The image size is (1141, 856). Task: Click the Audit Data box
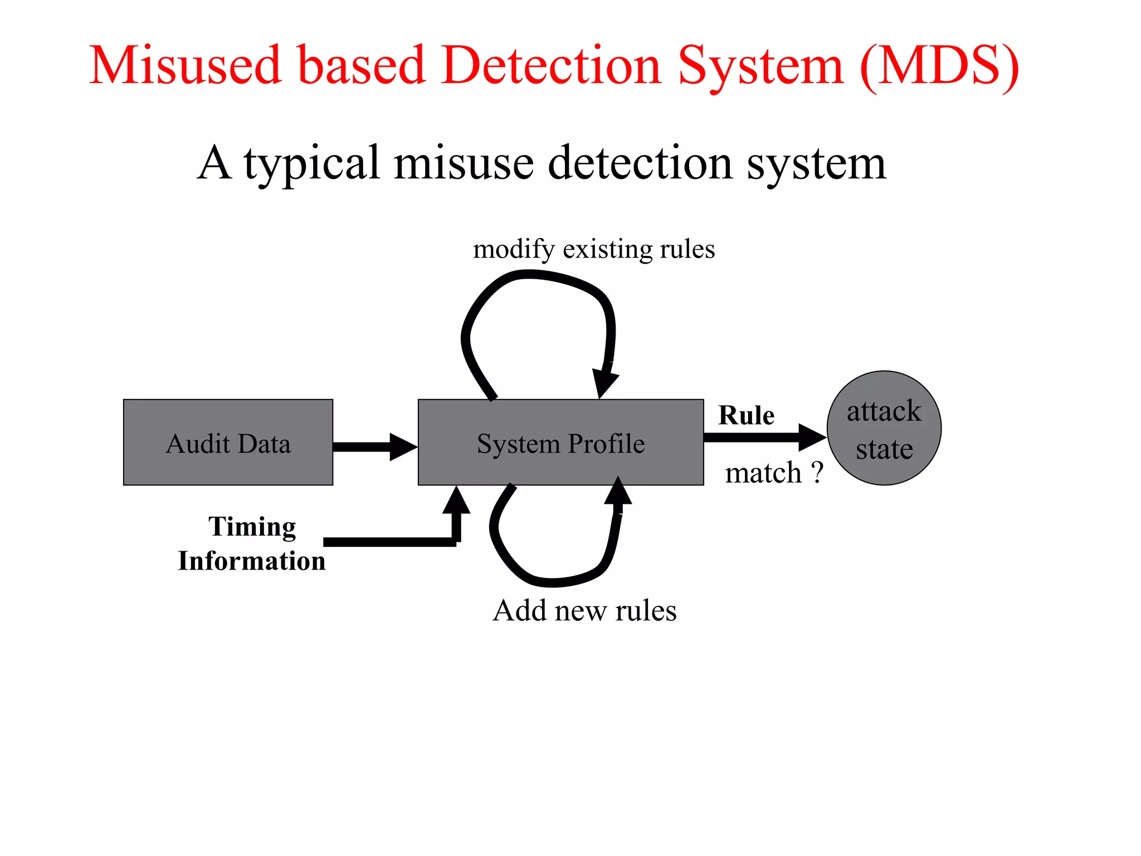click(228, 442)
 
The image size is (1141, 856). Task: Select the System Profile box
click(560, 442)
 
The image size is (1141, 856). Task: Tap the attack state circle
click(884, 428)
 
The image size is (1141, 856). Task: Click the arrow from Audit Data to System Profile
click(374, 446)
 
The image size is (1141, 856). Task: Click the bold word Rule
click(746, 415)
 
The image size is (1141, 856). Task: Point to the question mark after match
click(817, 473)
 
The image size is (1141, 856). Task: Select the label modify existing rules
click(593, 249)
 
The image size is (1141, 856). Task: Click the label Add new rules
click(584, 610)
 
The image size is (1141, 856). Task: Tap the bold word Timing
click(252, 527)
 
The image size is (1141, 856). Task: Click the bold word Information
click(251, 561)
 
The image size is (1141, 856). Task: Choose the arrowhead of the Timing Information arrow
click(456, 500)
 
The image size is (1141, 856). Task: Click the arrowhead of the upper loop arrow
click(604, 382)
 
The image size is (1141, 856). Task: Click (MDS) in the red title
click(939, 66)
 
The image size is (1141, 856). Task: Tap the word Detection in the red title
click(551, 66)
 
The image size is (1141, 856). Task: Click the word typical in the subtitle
click(311, 163)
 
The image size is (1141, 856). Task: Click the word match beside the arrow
click(763, 473)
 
